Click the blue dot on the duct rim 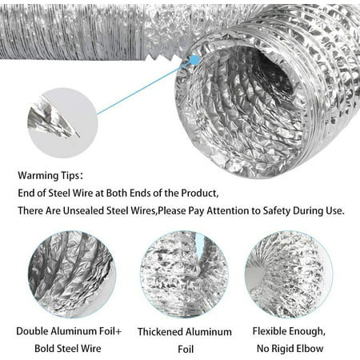point(195,60)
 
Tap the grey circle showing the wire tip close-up point(63,123)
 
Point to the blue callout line point(144,88)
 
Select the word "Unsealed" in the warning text point(83,210)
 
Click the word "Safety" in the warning point(277,211)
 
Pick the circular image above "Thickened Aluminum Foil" point(184,274)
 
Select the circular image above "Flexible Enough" point(289,274)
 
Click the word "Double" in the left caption point(32,331)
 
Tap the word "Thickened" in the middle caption point(160,332)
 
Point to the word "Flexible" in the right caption point(270,331)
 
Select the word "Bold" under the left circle point(45,349)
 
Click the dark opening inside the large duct point(270,72)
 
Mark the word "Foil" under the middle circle point(186,349)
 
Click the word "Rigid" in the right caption point(285,349)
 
